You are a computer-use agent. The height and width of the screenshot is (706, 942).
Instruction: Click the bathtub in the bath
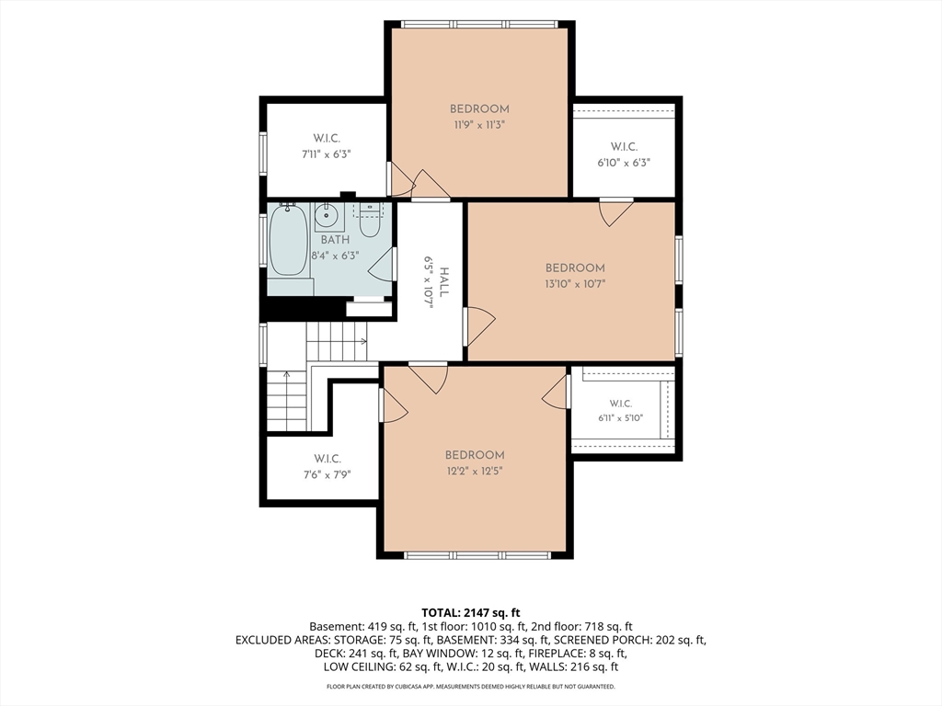(x=289, y=240)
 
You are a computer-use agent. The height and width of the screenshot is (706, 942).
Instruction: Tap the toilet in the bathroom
(x=369, y=221)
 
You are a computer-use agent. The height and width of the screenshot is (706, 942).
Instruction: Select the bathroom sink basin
(x=328, y=214)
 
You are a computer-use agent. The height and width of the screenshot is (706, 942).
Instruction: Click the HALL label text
(x=444, y=281)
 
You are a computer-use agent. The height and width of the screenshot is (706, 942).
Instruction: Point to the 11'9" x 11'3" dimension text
(x=479, y=125)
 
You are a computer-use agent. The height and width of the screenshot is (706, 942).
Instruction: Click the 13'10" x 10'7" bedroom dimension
(x=575, y=284)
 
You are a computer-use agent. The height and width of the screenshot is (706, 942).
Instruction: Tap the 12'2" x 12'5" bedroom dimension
(x=475, y=471)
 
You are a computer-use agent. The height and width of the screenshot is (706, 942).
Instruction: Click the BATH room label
(x=335, y=240)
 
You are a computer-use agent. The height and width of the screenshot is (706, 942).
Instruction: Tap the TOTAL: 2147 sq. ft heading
(x=470, y=613)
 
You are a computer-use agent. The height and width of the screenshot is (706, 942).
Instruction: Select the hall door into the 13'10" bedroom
(x=479, y=326)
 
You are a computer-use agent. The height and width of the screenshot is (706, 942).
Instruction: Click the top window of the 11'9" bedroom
(x=479, y=25)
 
